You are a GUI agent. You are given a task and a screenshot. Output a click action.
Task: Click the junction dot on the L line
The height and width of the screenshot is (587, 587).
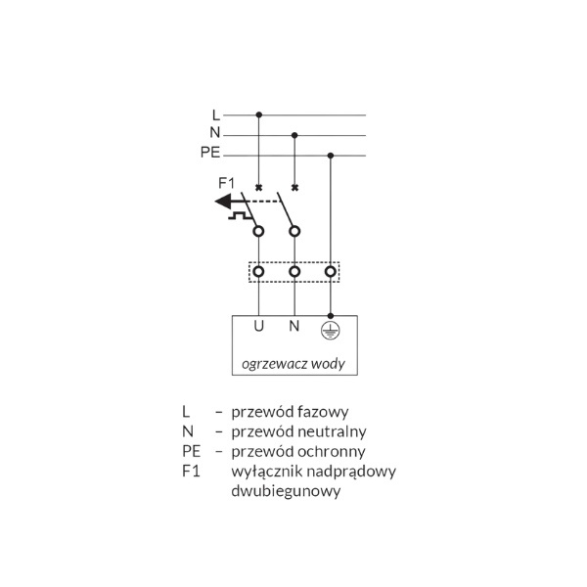click(x=258, y=114)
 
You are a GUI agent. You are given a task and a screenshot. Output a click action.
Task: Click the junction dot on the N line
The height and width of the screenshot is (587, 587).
click(x=294, y=135)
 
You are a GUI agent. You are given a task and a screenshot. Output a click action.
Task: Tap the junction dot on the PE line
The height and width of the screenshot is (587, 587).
click(x=331, y=156)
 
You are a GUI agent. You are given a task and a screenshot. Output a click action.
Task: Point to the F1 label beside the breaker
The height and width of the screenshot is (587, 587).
click(x=226, y=183)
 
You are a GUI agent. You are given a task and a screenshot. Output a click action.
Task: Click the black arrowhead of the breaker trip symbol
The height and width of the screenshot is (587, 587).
click(x=223, y=202)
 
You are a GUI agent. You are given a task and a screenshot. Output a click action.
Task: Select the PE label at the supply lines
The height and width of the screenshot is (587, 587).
click(x=210, y=153)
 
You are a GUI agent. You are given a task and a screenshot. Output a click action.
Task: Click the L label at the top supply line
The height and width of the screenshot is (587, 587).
click(x=216, y=115)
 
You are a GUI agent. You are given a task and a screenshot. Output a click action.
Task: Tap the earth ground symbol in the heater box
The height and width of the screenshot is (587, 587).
click(x=331, y=331)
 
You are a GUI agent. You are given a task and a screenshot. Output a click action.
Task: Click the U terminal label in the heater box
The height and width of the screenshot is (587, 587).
click(x=258, y=326)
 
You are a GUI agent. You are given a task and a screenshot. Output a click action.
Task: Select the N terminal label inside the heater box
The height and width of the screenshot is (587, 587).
click(x=294, y=326)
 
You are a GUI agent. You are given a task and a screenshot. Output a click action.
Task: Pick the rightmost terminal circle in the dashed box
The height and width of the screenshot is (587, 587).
click(x=331, y=271)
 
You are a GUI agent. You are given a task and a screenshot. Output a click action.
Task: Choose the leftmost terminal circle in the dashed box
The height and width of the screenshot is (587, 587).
click(x=258, y=271)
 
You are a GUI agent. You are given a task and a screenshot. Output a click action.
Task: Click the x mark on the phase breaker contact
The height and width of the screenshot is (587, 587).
click(x=258, y=188)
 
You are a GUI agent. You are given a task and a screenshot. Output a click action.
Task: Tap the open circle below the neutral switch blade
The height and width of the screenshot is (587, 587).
click(x=294, y=231)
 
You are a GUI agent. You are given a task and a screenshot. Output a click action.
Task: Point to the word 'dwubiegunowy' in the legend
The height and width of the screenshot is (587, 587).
click(x=286, y=491)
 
